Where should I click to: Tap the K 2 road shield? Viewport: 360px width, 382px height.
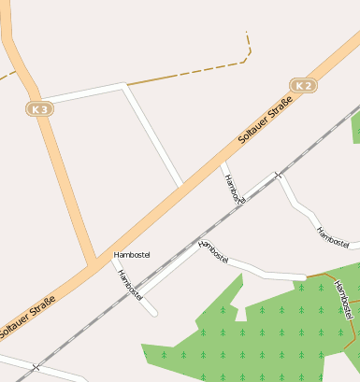tap(302, 86)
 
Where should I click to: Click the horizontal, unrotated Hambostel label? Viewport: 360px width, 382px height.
tap(131, 255)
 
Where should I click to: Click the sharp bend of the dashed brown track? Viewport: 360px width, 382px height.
tap(248, 58)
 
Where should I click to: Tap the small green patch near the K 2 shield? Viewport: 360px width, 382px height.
tap(356, 131)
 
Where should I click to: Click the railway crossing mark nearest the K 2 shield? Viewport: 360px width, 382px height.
tap(276, 175)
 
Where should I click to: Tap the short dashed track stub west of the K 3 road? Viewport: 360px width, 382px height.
tap(7, 73)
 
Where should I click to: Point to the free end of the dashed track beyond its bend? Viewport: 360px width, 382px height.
tap(246, 33)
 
